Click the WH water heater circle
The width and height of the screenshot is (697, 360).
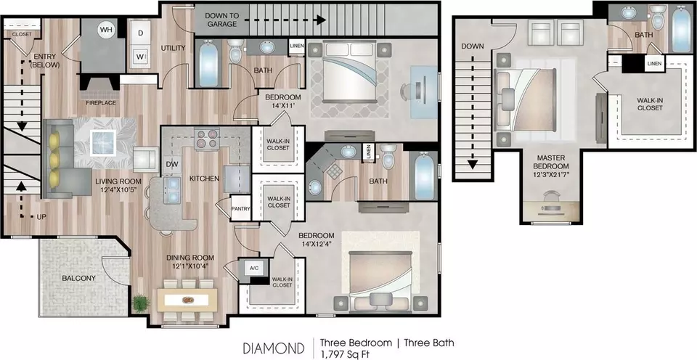(106, 30)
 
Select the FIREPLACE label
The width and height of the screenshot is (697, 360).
(102, 103)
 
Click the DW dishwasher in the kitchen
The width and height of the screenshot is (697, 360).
(171, 164)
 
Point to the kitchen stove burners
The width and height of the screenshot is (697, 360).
(207, 138)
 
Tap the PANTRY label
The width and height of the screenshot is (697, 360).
(240, 208)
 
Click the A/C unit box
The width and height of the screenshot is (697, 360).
(254, 268)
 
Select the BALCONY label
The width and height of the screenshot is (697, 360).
(78, 278)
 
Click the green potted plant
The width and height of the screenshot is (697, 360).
(140, 303)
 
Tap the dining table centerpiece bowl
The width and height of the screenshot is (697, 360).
(187, 300)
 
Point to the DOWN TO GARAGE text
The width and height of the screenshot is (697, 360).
(222, 20)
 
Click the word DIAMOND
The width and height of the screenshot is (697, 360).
(274, 348)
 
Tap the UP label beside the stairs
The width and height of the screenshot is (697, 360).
(42, 217)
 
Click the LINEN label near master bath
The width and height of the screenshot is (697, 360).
(654, 64)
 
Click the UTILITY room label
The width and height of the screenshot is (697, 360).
(173, 48)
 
